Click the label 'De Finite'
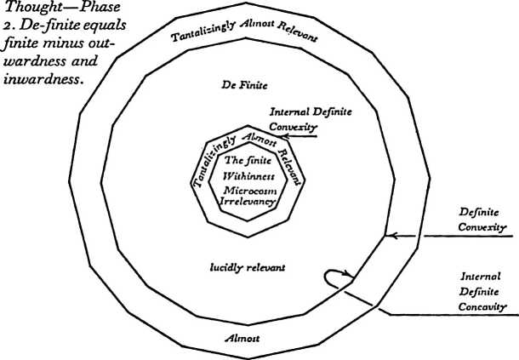244,85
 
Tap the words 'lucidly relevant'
248,267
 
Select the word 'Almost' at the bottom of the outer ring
242,338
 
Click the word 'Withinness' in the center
249,176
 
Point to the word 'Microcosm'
250,191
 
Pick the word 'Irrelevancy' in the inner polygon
248,202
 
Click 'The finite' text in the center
248,160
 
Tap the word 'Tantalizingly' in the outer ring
203,32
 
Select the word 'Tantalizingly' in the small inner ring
214,163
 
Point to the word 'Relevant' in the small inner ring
291,167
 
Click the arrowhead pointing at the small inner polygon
283,136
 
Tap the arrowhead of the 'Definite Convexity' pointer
391,236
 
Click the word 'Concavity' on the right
482,307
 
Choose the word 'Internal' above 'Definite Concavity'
480,277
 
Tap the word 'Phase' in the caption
100,8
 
